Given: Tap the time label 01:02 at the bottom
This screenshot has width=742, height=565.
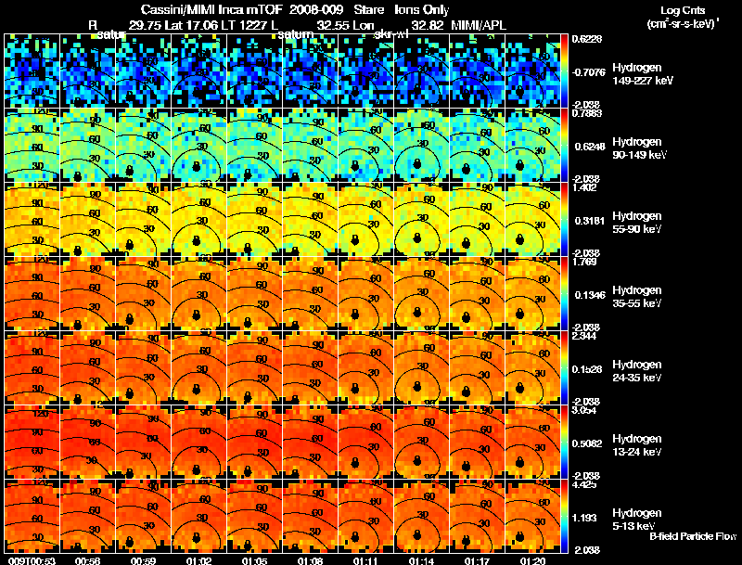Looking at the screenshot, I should [x=199, y=560].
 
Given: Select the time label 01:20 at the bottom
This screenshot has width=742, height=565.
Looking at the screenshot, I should [x=532, y=560].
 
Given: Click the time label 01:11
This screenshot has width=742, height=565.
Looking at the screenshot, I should [x=366, y=560].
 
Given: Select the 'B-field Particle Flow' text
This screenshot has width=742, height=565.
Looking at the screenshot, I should [x=692, y=536].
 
